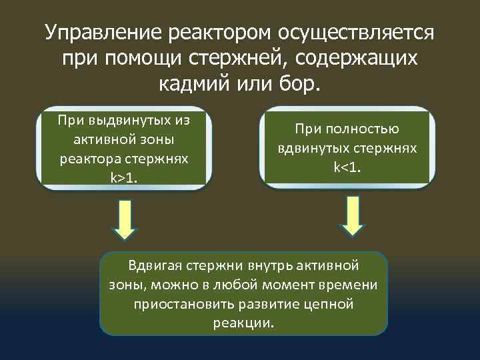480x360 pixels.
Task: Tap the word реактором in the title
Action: (213, 31)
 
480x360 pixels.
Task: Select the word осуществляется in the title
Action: (356, 31)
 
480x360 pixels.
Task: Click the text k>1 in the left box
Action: (123, 179)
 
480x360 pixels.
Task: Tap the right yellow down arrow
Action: (351, 217)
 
